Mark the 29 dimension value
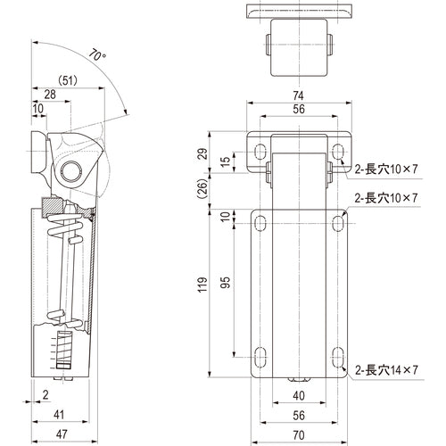coord(203,155)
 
